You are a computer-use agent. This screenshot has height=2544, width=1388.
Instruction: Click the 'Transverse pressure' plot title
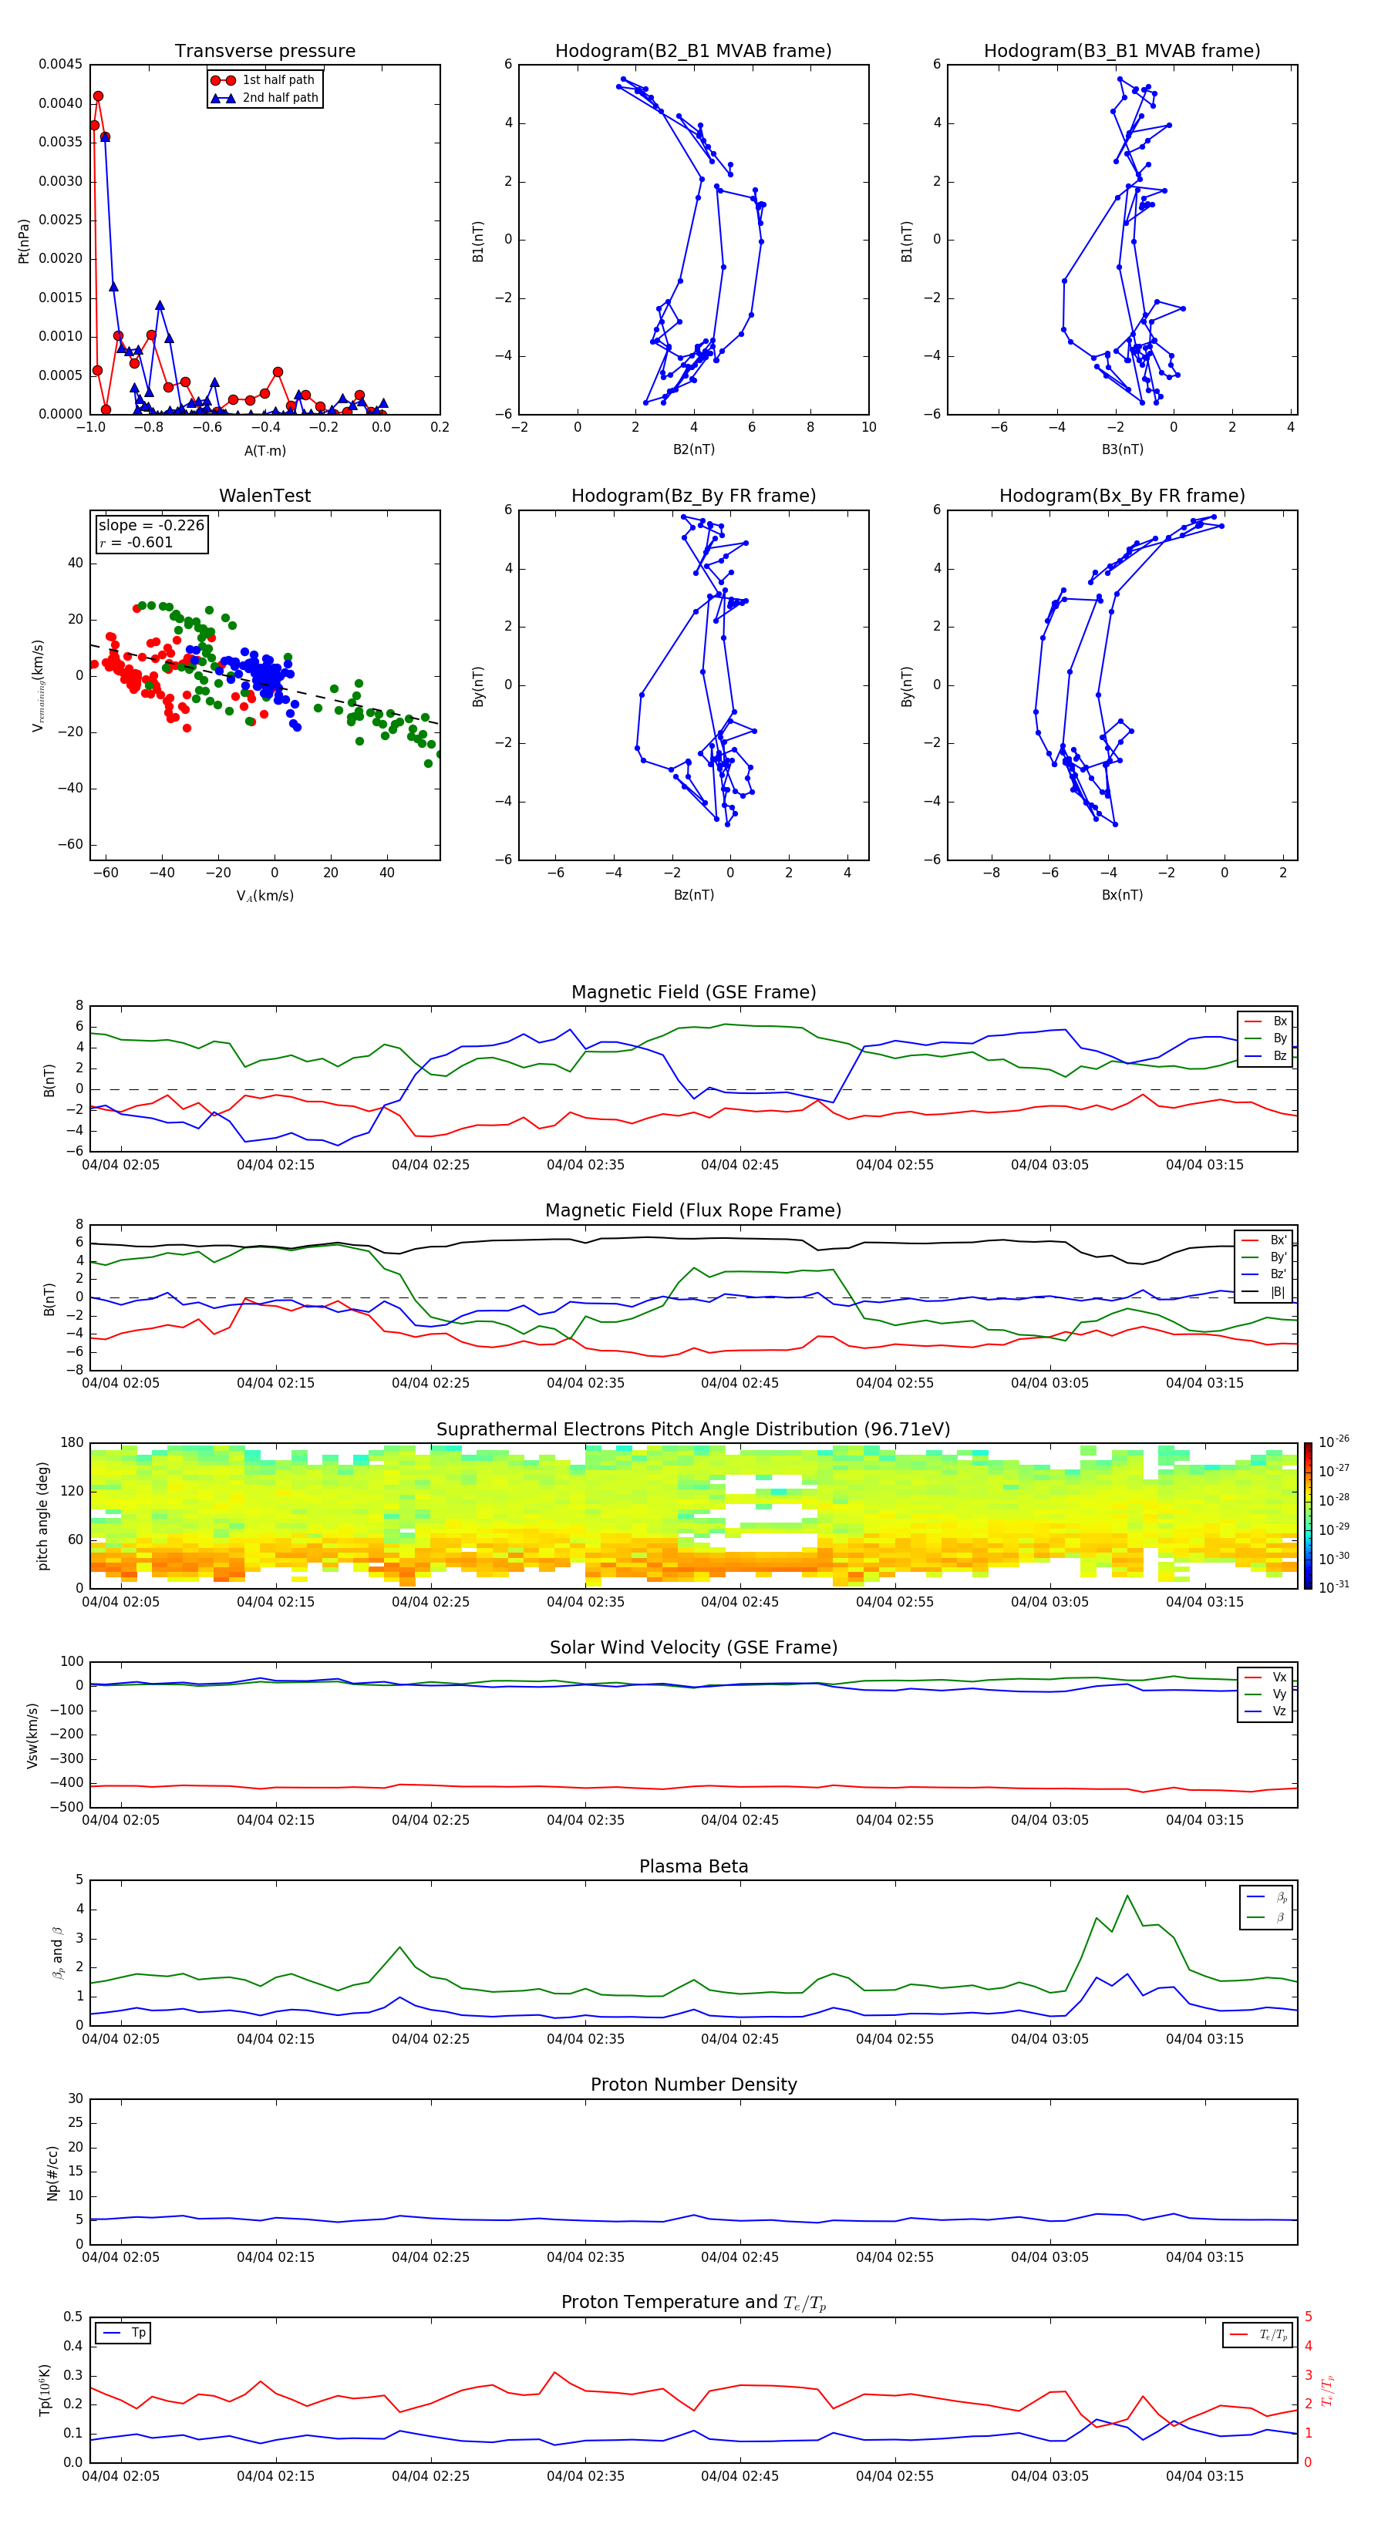[264, 52]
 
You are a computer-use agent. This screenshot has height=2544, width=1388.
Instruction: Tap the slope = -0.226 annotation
[151, 526]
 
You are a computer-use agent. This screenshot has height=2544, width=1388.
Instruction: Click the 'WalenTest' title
[264, 496]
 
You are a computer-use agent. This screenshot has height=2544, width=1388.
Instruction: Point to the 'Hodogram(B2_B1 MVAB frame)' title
[692, 52]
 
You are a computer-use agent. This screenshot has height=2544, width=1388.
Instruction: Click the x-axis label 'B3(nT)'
[1122, 449]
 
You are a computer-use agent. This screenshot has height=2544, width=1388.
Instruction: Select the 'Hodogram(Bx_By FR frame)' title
[1121, 496]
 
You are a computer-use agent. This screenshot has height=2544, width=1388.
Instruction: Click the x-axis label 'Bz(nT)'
[693, 895]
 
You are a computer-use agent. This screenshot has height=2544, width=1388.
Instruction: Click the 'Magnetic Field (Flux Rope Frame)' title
[692, 1211]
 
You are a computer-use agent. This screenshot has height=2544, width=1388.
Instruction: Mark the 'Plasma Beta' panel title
[692, 1866]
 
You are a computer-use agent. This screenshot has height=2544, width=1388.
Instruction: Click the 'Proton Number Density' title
[692, 2085]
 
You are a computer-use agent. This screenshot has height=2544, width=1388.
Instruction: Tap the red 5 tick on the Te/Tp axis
[1308, 2317]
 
